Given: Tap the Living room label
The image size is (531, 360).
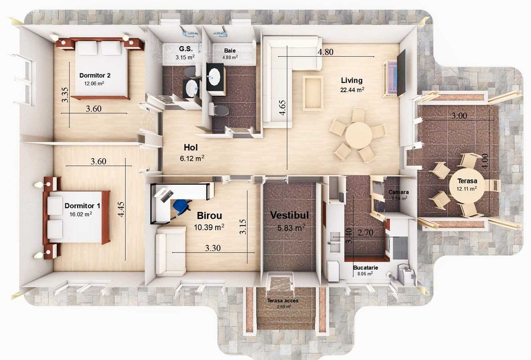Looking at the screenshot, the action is click(x=352, y=80).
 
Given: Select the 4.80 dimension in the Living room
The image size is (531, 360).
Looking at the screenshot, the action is click(x=325, y=52).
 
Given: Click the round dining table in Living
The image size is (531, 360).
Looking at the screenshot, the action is click(x=358, y=135).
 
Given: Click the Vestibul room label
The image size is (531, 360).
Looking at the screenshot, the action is click(x=289, y=216).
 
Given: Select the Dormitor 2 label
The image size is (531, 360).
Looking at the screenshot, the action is click(x=95, y=75).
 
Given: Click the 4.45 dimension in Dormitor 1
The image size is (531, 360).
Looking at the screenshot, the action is click(x=121, y=210).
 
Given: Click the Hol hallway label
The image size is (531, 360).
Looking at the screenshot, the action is click(x=191, y=148).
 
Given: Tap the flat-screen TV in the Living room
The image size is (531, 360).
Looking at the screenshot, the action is click(x=401, y=73).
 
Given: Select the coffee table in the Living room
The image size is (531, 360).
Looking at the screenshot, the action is click(x=313, y=93).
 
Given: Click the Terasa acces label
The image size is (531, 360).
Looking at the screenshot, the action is click(x=283, y=301).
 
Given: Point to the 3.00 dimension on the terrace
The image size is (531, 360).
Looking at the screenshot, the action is click(x=459, y=116).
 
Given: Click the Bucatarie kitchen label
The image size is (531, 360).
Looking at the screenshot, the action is click(x=365, y=268).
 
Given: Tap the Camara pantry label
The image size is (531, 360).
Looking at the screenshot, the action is click(x=399, y=192).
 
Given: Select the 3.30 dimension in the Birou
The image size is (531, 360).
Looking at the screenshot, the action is click(x=213, y=248).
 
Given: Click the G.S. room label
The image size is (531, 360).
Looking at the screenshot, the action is click(x=186, y=49).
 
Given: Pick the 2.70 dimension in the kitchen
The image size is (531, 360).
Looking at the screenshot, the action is click(x=365, y=233).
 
